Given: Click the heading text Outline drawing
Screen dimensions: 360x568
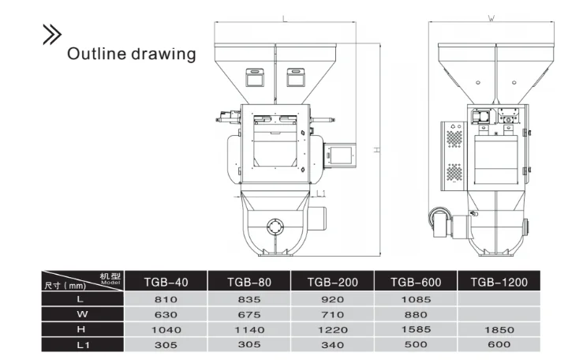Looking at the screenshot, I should click(x=131, y=54).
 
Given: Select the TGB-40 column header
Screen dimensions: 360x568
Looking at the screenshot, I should click(x=166, y=282).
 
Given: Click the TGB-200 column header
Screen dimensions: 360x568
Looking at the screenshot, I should click(x=331, y=282).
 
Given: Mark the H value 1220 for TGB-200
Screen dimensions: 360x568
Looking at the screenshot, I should click(x=331, y=329).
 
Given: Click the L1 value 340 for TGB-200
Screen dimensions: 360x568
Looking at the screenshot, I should click(x=331, y=344).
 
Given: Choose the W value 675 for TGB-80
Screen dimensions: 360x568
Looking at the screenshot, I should click(x=248, y=314).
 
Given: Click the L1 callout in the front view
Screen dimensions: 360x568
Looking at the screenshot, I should click(x=322, y=193).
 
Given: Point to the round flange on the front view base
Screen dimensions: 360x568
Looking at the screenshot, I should click(x=276, y=227).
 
